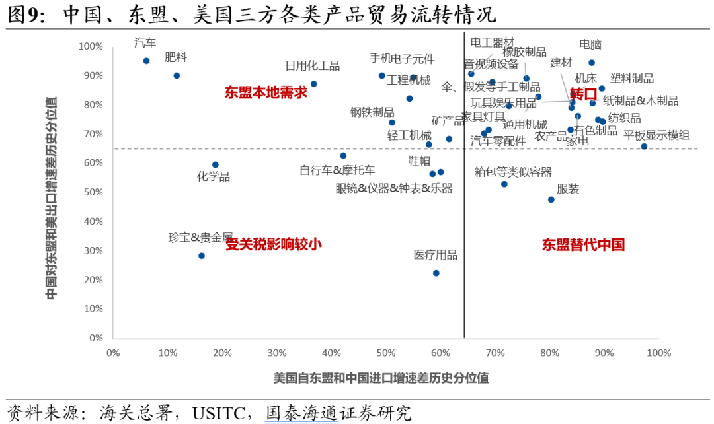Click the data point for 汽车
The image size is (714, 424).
(146, 61)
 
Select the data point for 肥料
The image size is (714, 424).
(177, 76)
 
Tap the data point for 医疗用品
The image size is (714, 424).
(436, 273)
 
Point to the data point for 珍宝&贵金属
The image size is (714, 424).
(202, 256)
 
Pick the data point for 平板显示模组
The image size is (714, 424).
(644, 147)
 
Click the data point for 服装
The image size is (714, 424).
(551, 199)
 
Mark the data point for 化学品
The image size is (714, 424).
(215, 164)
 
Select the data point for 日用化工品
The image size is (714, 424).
(313, 84)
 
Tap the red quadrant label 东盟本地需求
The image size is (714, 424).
(266, 92)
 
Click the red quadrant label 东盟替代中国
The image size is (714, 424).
(583, 245)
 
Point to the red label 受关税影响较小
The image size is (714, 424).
(274, 244)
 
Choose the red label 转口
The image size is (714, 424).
(583, 94)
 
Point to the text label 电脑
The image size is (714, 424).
(590, 45)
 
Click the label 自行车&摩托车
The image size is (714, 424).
(337, 170)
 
